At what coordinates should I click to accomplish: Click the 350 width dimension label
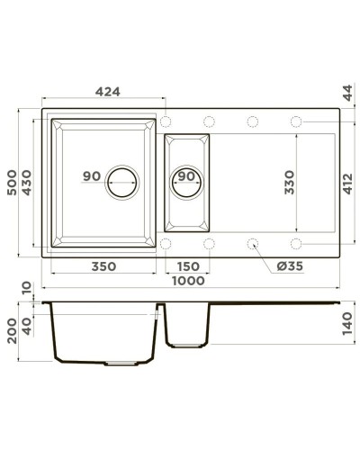tap(104, 266)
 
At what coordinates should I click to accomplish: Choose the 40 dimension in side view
tap(28, 326)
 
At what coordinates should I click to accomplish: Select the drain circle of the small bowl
tap(187, 178)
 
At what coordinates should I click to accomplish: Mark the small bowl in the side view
tap(187, 326)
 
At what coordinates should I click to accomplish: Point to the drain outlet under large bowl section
tap(122, 364)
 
